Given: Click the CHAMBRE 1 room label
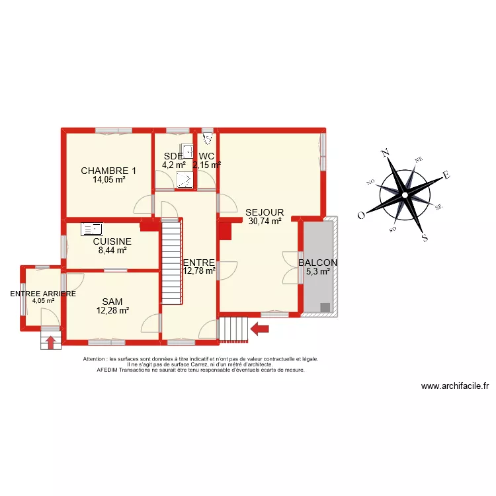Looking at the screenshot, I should coord(108,171).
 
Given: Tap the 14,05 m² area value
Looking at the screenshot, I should coord(108,179).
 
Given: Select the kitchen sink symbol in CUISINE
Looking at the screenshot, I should coord(91,229).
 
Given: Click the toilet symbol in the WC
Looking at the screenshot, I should coord(208,138).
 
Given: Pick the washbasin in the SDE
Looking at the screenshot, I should coord(187,150).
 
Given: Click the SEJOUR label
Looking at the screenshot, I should coord(265,212).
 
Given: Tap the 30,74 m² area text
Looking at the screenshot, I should coord(265,222).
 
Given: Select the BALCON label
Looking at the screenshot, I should coord(317,263).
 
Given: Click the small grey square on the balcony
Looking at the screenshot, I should coord(325,307).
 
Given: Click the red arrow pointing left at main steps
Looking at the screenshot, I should coord(259,327).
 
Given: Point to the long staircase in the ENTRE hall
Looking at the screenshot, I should coord(171,261).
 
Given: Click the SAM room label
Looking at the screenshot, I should coord(112,301).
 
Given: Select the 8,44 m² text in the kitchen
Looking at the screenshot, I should coord(112,251).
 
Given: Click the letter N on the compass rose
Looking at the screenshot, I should coord(386,153).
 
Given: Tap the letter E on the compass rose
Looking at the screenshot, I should coord(446,175).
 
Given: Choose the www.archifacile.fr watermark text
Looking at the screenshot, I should coord(454,387).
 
